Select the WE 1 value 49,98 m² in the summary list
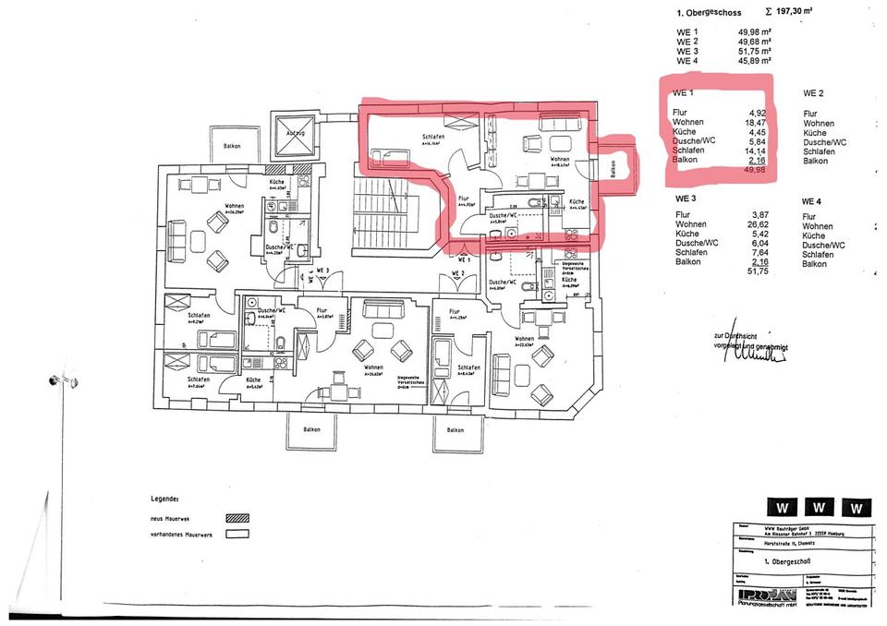tap(755, 32)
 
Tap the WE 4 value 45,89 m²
tap(755, 61)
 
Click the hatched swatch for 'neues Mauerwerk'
tap(237, 519)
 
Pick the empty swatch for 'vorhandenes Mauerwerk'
tap(237, 534)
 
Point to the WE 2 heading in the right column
tap(813, 93)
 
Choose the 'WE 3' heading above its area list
tap(685, 199)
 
